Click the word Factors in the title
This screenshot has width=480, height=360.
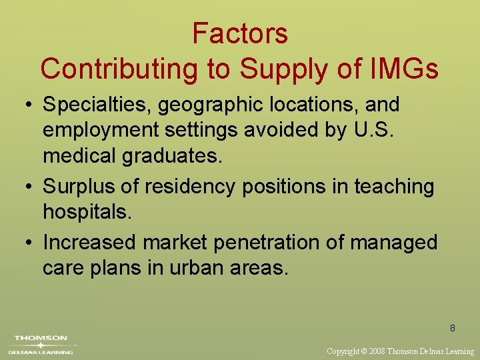(240, 33)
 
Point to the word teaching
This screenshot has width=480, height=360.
(394, 186)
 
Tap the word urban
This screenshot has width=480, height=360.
(194, 268)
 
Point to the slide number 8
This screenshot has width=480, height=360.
(453, 328)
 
